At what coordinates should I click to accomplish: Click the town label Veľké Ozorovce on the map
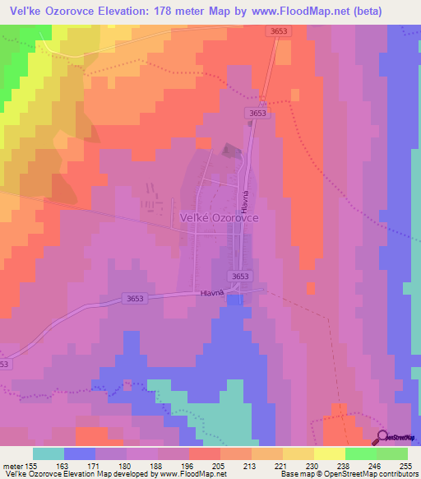click(x=220, y=218)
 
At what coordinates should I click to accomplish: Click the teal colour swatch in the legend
click(x=49, y=453)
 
